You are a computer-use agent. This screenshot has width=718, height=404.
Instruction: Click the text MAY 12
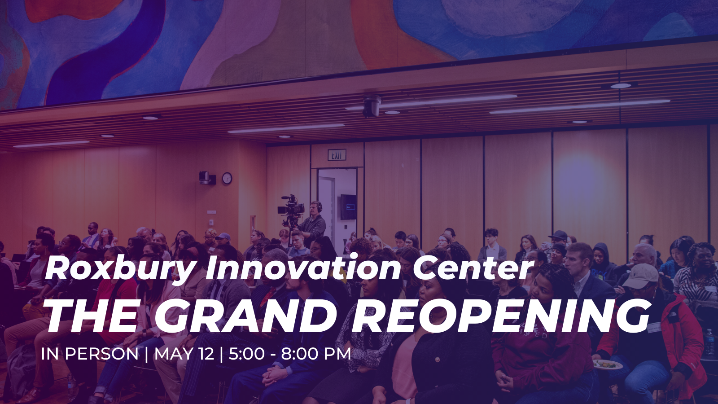tap(184, 354)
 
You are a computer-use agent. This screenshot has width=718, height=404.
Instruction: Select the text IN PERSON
tap(90, 354)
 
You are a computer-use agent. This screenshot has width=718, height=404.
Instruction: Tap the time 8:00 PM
tap(316, 354)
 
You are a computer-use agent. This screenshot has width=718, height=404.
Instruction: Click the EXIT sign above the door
tap(337, 155)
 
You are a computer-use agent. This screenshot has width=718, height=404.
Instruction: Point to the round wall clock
tap(227, 178)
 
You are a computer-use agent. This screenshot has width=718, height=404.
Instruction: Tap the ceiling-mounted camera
tap(372, 106)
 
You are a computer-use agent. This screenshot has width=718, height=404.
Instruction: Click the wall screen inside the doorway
tap(348, 207)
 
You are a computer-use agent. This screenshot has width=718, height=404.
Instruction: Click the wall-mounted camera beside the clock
tap(207, 178)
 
